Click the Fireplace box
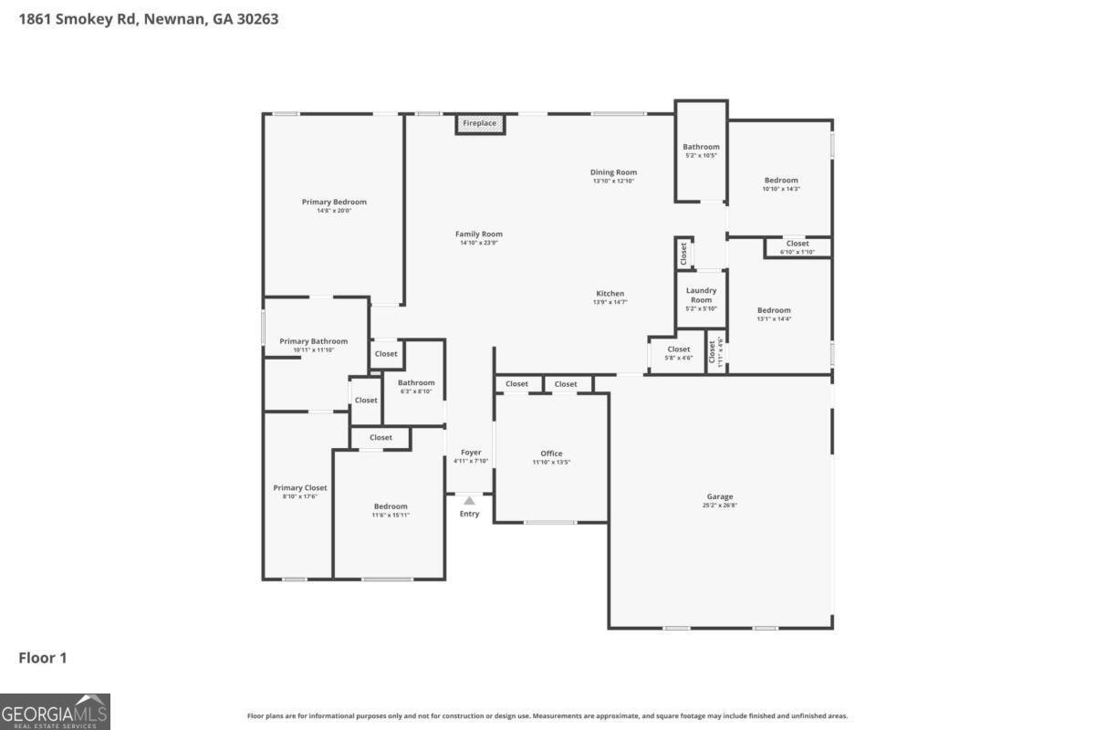(x=480, y=124)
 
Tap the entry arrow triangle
(x=469, y=500)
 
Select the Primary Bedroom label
(x=334, y=203)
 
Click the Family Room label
(x=479, y=235)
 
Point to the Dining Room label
(x=613, y=172)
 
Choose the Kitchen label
(x=610, y=294)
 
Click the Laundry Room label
(x=701, y=296)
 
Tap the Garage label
(x=719, y=497)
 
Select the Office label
(x=551, y=454)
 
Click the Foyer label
(x=471, y=453)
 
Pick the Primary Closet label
(x=300, y=488)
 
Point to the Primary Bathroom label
(x=313, y=341)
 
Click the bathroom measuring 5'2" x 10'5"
(x=701, y=148)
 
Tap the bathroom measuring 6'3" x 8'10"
(x=415, y=383)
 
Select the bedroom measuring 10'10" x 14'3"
(x=780, y=181)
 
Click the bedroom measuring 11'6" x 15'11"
(x=391, y=506)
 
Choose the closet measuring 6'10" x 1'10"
(x=798, y=245)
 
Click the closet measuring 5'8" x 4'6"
(x=678, y=349)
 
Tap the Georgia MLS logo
(x=55, y=711)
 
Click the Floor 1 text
(x=43, y=658)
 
